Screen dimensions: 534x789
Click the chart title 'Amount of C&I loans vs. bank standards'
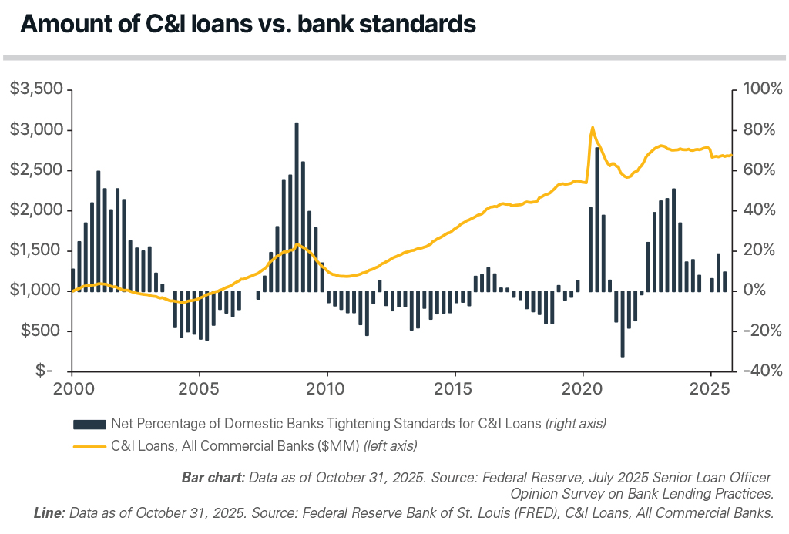click(x=247, y=24)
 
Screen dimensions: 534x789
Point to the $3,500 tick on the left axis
click(x=35, y=89)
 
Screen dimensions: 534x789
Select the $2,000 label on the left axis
click(x=35, y=210)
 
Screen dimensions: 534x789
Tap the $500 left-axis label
click(x=40, y=331)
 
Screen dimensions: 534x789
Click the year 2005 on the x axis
click(x=200, y=389)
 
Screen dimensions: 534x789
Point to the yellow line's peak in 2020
click(x=592, y=128)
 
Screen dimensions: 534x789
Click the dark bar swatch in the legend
click(x=89, y=424)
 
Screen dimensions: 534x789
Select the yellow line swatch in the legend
click(x=89, y=445)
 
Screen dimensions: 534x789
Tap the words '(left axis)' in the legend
click(x=391, y=445)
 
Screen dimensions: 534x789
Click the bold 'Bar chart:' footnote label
click(x=213, y=478)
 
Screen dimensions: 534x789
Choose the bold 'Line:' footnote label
click(x=49, y=511)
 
